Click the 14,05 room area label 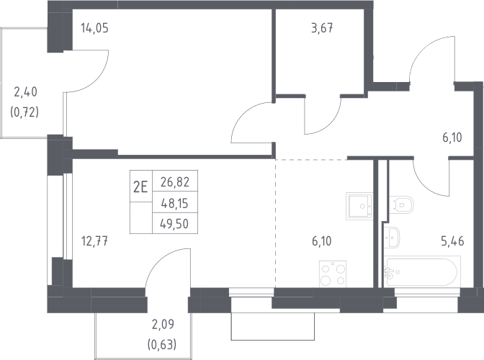(95, 28)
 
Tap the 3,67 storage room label (322, 28)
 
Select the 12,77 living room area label (95, 241)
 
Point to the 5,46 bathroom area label (452, 241)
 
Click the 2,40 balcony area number (26, 91)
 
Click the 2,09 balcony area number (163, 324)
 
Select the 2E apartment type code (140, 187)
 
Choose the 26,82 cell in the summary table (175, 182)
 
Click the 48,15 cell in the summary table (175, 203)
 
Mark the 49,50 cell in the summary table (174, 224)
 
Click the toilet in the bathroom (401, 204)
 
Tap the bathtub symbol (422, 272)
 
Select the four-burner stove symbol (333, 274)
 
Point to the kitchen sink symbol (359, 206)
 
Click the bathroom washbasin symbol (392, 237)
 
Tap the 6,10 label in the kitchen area (322, 241)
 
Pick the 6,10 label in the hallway (452, 138)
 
